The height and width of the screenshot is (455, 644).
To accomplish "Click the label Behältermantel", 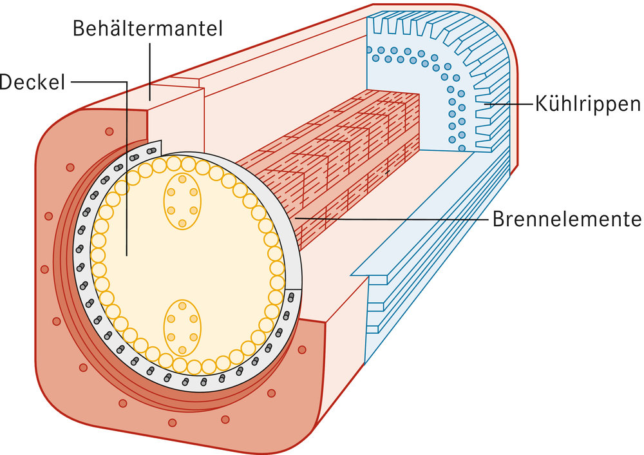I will coord(147,28).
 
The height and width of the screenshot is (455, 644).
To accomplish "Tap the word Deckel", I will coord(32,82).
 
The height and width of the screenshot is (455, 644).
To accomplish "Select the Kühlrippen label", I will coord(587,103).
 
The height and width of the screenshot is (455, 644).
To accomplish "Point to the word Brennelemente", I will coord(567,218).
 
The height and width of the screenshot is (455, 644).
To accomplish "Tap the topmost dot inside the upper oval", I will coord(182,179).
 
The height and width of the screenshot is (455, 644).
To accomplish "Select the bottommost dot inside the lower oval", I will coord(182,349).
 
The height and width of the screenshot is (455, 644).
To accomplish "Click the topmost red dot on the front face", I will coord(109,131).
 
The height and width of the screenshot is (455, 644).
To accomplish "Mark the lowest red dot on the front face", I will coord(172,423).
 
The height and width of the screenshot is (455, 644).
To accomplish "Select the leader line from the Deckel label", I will coord(97,82).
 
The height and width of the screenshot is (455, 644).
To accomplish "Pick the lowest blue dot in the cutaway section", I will coord(462,148).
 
